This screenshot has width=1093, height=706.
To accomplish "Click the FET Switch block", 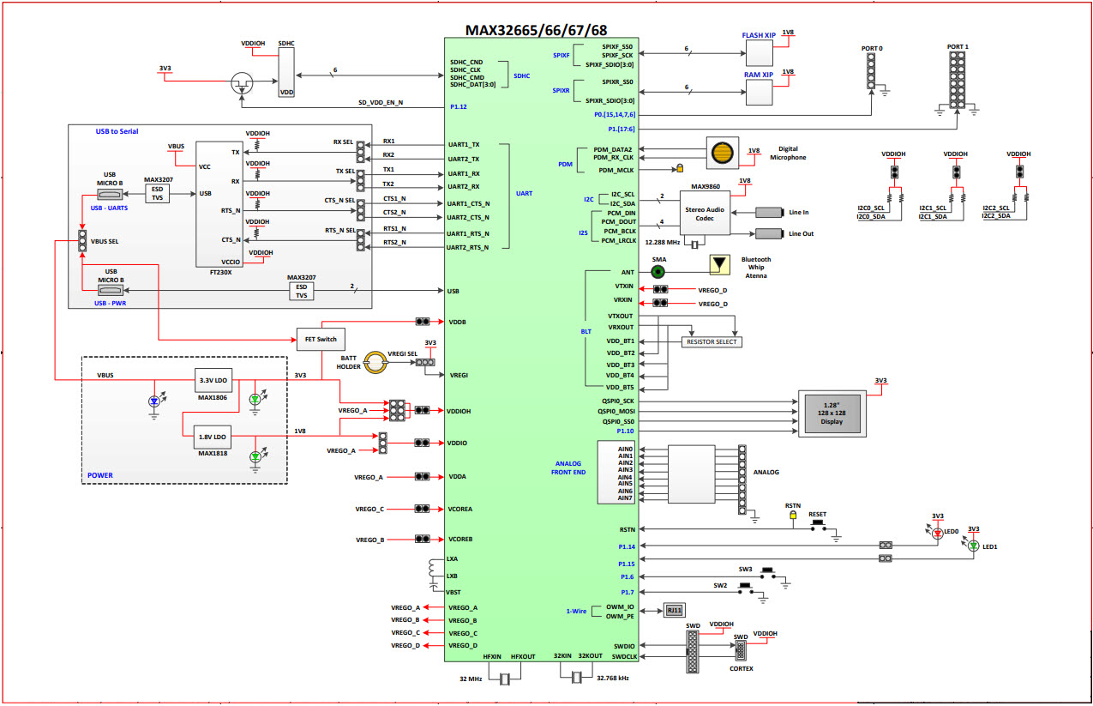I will (x=321, y=339).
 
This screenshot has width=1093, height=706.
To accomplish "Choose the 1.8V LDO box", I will (x=212, y=436).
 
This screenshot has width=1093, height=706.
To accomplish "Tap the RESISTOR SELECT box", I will (x=712, y=341).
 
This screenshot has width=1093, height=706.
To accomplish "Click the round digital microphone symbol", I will (x=724, y=152).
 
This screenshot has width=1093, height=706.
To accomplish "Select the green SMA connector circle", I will (x=658, y=272).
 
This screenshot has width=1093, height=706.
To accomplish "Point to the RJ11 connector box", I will (x=674, y=611).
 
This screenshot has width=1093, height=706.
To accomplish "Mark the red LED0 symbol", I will (x=937, y=533).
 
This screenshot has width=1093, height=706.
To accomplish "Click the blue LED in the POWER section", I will (x=154, y=401).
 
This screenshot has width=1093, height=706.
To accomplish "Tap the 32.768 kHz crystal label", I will (x=613, y=679).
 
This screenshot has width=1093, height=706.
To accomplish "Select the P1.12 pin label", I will (x=458, y=107).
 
